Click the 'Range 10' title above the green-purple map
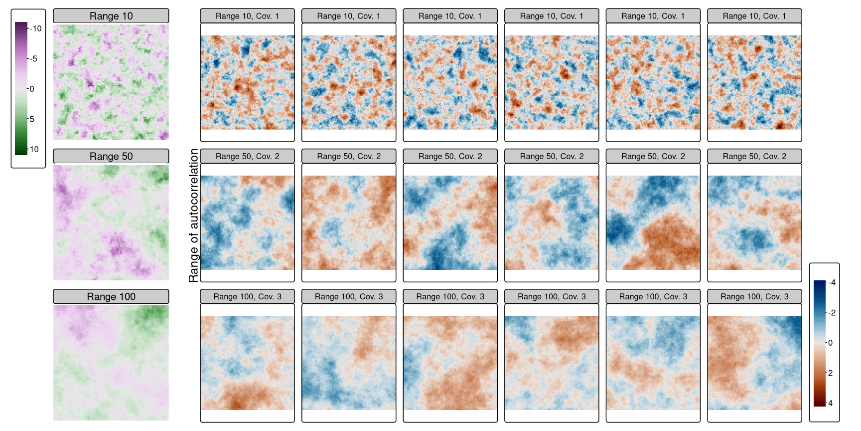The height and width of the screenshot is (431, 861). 111,16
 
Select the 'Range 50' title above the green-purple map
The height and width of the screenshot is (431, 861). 111,156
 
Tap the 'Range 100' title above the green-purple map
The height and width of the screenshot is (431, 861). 111,297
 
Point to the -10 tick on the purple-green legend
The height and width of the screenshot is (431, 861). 35,28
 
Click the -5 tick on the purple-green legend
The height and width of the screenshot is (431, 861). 33,59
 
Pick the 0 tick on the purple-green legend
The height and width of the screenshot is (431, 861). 31,89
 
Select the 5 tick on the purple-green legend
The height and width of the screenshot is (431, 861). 31,119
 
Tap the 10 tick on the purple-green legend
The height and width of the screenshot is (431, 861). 33,149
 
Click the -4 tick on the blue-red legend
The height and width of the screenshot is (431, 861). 831,283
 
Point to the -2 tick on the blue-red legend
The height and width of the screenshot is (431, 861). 831,313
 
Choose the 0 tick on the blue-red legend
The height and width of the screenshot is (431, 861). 830,343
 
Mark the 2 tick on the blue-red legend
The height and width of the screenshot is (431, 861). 830,373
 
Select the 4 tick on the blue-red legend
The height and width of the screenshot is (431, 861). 830,403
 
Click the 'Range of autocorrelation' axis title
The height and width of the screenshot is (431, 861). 193,215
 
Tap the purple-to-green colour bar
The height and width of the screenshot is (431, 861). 21,89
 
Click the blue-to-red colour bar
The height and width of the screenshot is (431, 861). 820,343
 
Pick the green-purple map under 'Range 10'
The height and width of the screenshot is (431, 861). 111,82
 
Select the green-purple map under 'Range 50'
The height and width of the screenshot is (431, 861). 111,222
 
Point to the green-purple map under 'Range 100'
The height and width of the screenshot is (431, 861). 111,363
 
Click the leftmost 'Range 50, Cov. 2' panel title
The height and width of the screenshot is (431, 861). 247,156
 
